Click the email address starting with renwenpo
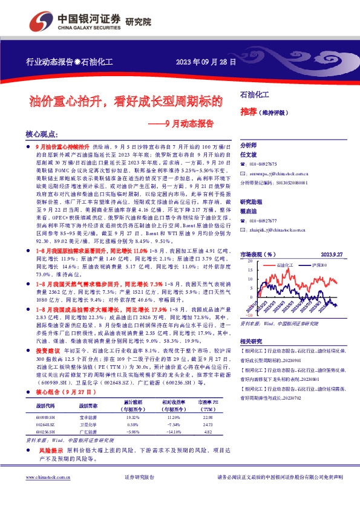275,172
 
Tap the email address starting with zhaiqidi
274,230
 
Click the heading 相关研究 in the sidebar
251,341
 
